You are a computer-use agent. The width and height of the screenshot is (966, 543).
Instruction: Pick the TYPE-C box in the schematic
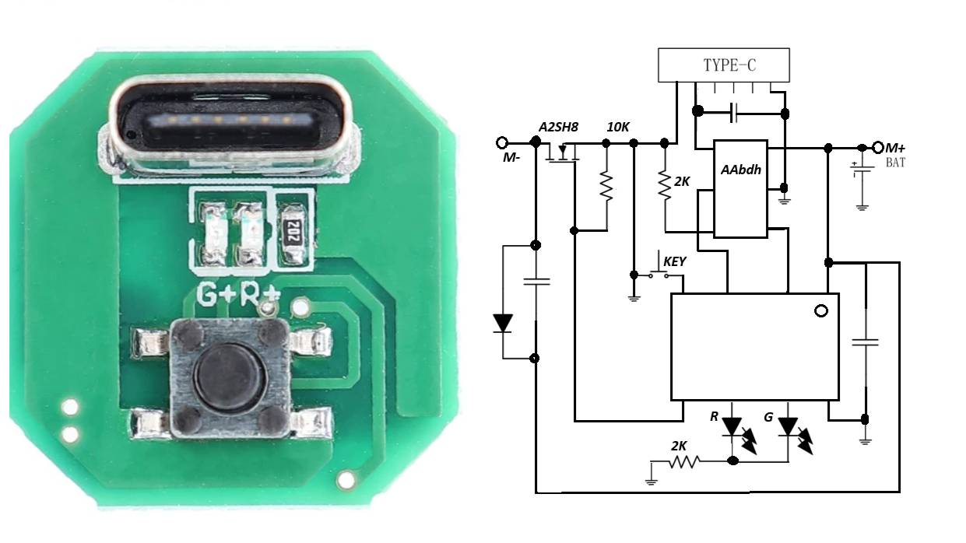[724, 65]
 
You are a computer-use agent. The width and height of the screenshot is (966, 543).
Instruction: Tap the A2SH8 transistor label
[558, 127]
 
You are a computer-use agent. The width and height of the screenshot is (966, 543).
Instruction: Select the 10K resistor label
[619, 127]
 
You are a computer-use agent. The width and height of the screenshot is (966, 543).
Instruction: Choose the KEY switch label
[674, 261]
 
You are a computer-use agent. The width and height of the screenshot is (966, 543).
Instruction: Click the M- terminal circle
[503, 143]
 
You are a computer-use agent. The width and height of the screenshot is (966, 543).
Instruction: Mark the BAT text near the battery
[895, 163]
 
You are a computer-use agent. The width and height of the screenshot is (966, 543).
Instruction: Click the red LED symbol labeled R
[732, 427]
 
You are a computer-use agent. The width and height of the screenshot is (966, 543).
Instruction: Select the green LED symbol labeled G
[789, 427]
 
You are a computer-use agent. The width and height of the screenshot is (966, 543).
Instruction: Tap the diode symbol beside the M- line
[503, 322]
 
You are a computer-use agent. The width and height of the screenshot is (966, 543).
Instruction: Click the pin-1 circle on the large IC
[820, 311]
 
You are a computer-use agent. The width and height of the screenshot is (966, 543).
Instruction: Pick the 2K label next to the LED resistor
[679, 446]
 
